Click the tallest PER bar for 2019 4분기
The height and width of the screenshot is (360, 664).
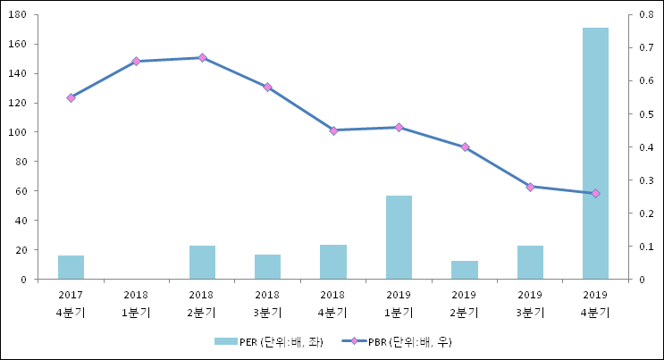[595, 153]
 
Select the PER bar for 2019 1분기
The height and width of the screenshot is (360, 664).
[399, 237]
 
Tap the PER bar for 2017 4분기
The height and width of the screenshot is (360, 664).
[71, 267]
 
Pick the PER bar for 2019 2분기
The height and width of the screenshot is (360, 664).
[464, 270]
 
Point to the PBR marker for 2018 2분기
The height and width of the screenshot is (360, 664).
[202, 58]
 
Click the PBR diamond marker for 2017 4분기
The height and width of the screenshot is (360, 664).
[71, 97]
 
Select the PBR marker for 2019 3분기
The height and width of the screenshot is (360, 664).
[530, 187]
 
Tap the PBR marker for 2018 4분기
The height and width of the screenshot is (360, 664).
[333, 130]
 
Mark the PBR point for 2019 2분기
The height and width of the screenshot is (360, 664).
[465, 147]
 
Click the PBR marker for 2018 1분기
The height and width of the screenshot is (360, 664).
[136, 62]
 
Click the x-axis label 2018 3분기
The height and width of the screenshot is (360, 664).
[267, 303]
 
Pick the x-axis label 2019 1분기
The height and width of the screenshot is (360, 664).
[399, 303]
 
